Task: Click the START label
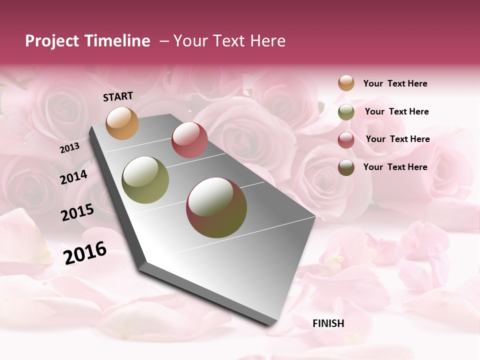click(118, 96)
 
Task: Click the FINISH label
click(328, 323)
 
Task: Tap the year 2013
click(69, 147)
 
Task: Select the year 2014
click(73, 177)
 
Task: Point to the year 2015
click(77, 212)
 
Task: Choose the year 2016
click(85, 253)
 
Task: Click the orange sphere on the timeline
click(122, 123)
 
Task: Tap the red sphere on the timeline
click(189, 140)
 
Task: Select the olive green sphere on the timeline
click(145, 180)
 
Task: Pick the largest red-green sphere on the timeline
click(216, 207)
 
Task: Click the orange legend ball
click(346, 83)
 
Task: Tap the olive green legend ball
click(346, 112)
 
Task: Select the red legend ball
click(346, 140)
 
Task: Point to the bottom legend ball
click(346, 167)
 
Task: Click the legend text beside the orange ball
click(395, 83)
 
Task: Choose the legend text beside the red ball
click(397, 139)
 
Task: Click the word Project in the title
click(52, 41)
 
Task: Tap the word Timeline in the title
click(117, 41)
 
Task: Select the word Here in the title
click(267, 41)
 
